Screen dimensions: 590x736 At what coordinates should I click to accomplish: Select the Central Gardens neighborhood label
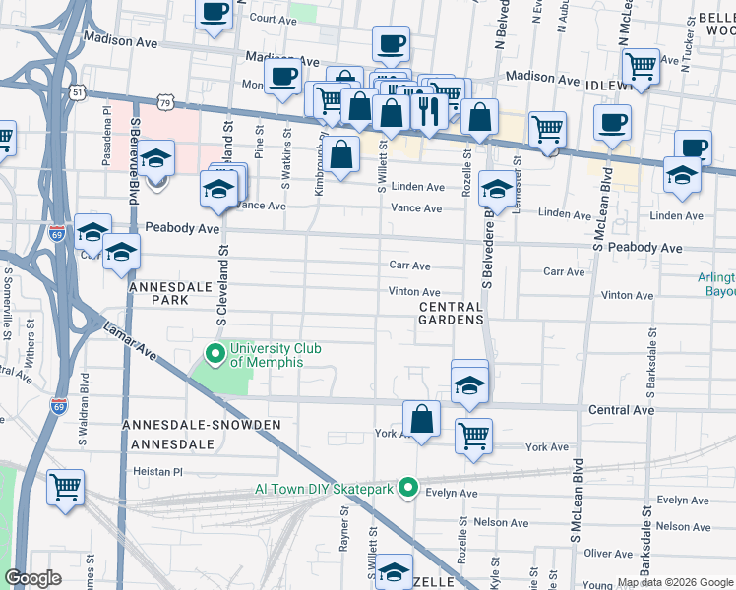pos(452,314)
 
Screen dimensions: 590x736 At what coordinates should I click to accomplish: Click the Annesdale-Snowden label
pos(201,425)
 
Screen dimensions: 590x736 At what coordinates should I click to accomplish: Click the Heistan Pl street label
pos(157,472)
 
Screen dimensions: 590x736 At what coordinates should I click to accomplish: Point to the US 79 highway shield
pos(166,102)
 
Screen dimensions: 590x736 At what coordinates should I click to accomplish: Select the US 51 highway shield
pos(78,91)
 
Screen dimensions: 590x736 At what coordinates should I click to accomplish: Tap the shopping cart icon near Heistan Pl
pos(65,487)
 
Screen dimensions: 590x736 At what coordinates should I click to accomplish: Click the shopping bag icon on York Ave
pos(421,417)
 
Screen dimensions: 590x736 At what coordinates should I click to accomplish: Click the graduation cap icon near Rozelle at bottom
pos(395,571)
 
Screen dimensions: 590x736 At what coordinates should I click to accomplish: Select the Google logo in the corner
pos(33,578)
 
